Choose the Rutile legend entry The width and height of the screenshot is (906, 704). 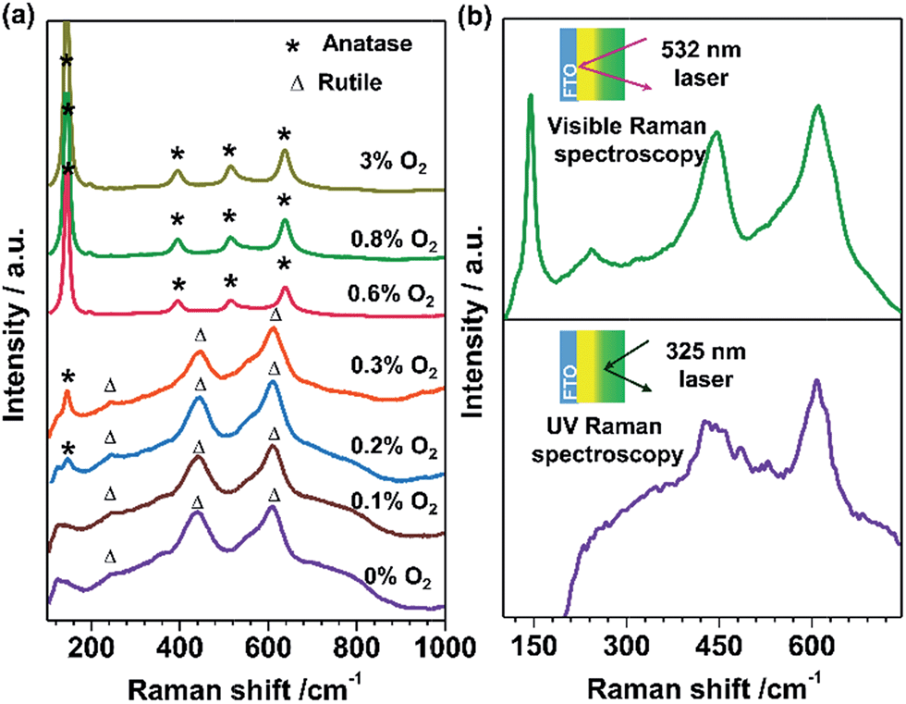(330, 82)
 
